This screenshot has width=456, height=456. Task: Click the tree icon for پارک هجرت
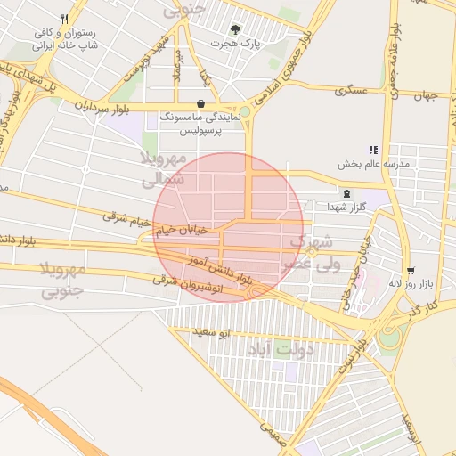[x=235, y=28]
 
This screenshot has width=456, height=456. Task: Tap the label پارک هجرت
[x=235, y=43]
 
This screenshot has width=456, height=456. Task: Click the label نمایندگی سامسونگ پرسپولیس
[x=200, y=125]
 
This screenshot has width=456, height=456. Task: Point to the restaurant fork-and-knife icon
[x=64, y=19]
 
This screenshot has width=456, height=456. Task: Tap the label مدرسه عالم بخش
[x=372, y=164]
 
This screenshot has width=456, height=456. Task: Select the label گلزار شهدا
[x=346, y=207]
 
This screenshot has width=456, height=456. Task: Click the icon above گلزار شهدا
[x=346, y=193]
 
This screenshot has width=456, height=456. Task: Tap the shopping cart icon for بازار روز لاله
[x=410, y=270]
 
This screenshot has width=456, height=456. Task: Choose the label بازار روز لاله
[x=409, y=283]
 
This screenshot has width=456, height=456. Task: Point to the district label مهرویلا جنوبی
[x=62, y=279]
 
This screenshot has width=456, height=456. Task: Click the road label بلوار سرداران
[x=97, y=105]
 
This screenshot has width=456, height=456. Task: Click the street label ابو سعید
[x=213, y=333]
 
